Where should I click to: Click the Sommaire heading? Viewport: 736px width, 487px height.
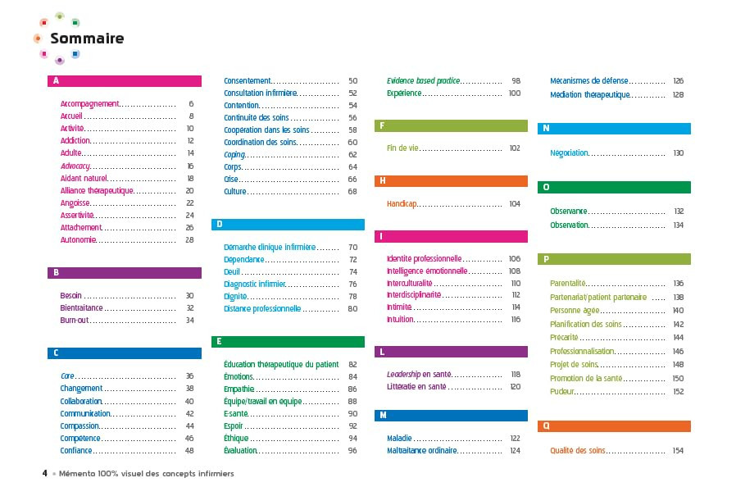click(x=87, y=39)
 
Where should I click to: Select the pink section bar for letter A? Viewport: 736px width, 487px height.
click(x=125, y=81)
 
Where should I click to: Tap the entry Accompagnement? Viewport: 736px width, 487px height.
click(x=90, y=104)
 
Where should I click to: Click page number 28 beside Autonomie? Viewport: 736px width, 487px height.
click(x=189, y=240)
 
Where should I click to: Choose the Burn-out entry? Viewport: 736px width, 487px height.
click(x=75, y=321)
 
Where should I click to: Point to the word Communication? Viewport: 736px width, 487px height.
click(x=85, y=414)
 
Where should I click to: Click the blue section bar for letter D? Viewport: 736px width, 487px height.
click(x=288, y=224)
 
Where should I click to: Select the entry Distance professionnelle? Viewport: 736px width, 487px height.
click(x=262, y=309)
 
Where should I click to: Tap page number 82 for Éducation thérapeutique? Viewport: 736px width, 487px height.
click(x=352, y=364)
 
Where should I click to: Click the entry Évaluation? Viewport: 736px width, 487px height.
click(x=241, y=450)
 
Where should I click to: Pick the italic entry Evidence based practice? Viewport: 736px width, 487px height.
click(x=424, y=81)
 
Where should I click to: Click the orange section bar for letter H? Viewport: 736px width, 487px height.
click(x=451, y=181)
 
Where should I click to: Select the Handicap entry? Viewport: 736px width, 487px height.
click(x=402, y=204)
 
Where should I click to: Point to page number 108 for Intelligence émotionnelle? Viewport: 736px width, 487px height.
click(x=515, y=271)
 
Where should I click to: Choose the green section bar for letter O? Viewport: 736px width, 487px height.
click(x=614, y=187)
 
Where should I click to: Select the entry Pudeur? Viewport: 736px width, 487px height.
click(x=564, y=391)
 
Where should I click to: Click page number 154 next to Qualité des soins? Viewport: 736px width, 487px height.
click(x=678, y=450)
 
